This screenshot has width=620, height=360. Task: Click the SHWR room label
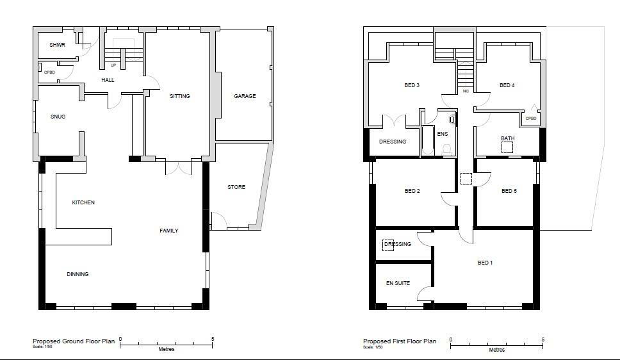tap(58, 45)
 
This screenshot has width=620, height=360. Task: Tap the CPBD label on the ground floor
tap(49, 72)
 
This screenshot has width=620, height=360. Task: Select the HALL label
tap(108, 80)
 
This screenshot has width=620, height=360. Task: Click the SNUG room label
tap(58, 117)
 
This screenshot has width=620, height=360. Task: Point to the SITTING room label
tap(179, 96)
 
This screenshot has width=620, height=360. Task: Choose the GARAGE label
tap(245, 96)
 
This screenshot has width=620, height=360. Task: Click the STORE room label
tap(236, 187)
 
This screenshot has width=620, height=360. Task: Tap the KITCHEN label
tap(83, 202)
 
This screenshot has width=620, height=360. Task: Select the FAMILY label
tap(168, 231)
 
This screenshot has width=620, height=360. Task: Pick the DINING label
tap(77, 274)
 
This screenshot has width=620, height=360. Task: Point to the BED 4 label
tap(507, 85)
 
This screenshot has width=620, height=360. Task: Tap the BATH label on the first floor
tap(507, 138)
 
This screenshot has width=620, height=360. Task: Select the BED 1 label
tap(485, 263)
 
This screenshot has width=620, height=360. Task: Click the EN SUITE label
tap(398, 283)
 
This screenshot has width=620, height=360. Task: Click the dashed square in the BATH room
tap(507, 147)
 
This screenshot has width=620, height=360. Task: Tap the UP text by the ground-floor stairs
tap(113, 65)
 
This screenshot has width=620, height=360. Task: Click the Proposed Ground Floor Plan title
tap(74, 341)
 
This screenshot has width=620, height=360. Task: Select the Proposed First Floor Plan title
tap(400, 341)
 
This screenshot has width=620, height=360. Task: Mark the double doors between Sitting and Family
tap(178, 168)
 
